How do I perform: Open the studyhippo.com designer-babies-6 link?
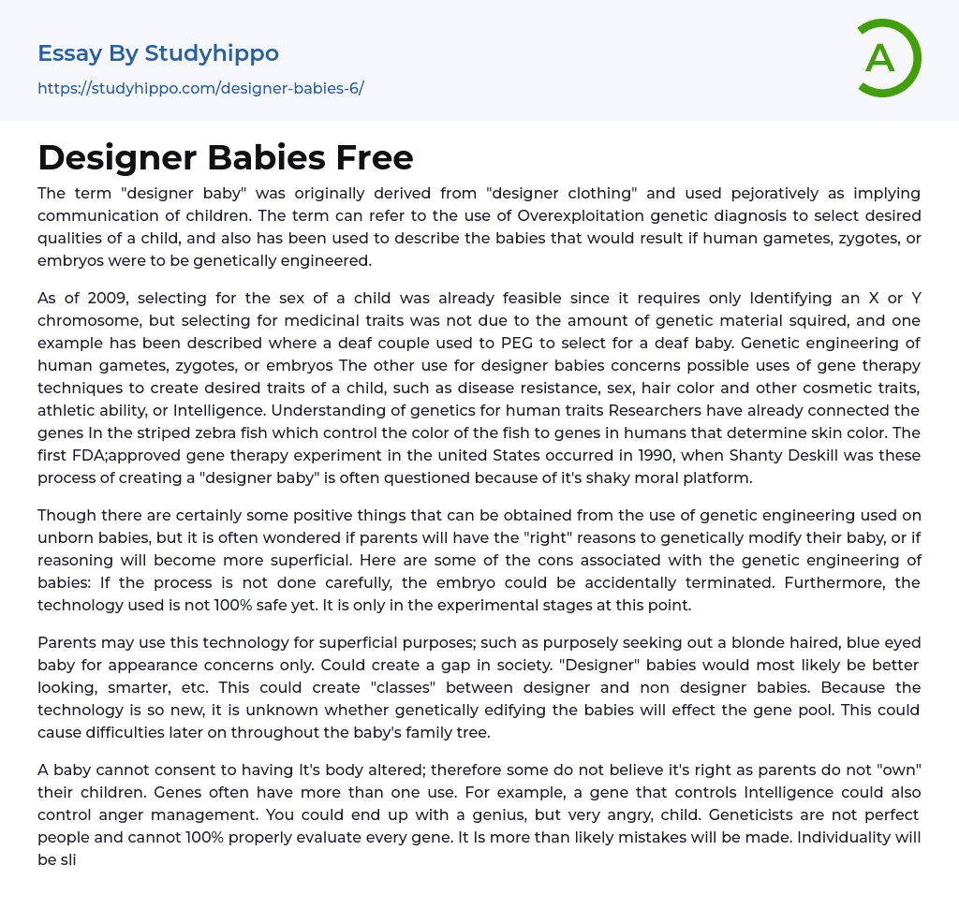200,88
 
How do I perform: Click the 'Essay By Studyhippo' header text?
158,53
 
